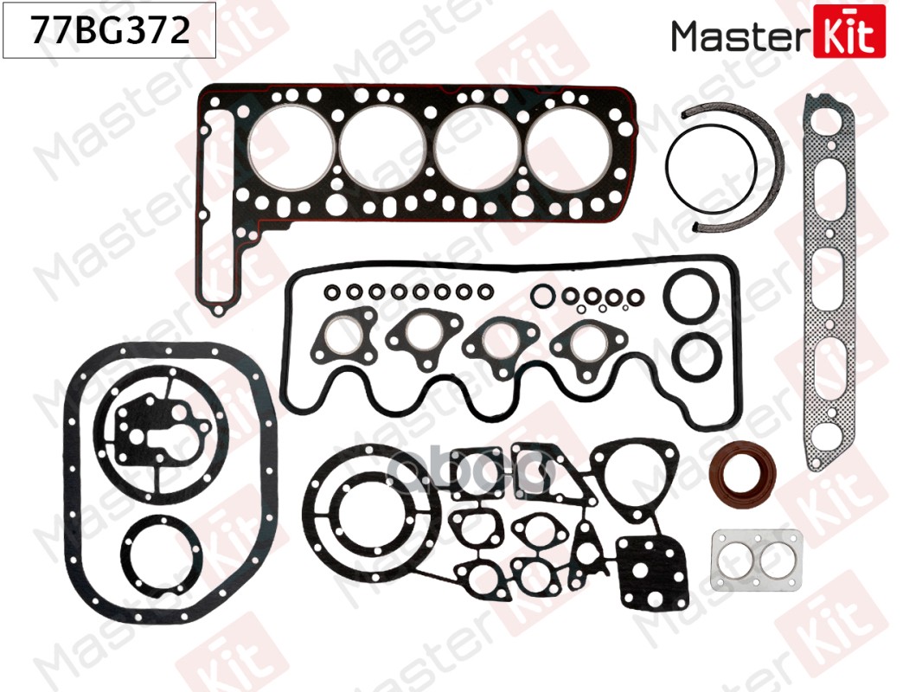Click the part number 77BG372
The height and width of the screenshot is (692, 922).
click(x=110, y=30)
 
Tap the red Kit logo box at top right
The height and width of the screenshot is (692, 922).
click(x=848, y=31)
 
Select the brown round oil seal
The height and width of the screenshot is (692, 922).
click(x=743, y=475)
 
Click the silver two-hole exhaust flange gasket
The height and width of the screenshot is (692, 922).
click(x=757, y=560)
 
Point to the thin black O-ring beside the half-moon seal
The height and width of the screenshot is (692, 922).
click(x=670, y=170)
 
